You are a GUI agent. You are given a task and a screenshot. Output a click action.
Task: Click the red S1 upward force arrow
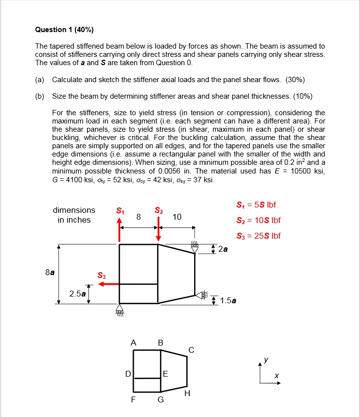120,229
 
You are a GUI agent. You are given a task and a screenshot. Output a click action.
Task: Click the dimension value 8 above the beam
139,217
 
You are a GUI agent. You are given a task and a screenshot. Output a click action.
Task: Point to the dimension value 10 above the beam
177,217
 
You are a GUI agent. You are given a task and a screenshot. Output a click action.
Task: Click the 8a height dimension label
50,273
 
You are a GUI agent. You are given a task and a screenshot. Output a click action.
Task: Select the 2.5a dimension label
77,294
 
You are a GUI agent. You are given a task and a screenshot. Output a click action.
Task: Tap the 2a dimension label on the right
223,250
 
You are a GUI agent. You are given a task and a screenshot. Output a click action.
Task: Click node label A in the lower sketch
133,342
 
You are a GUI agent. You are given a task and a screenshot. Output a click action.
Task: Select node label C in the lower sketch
191,349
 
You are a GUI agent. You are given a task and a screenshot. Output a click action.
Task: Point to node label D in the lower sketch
128,374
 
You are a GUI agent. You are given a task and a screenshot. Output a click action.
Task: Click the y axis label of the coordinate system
266,360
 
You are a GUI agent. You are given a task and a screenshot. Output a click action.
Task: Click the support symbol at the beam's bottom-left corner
120,310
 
